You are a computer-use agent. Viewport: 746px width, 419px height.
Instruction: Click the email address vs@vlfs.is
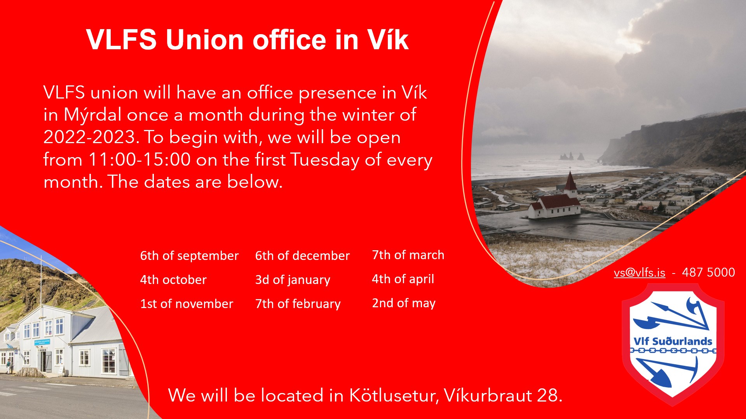[640, 272]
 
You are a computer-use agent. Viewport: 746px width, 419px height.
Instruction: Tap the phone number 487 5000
[708, 272]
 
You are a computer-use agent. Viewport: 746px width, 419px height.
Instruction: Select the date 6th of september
[189, 256]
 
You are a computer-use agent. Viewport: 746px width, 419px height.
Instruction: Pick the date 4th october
[173, 280]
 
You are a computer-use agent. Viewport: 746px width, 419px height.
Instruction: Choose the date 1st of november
[186, 304]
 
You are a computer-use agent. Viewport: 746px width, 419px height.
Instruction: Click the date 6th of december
[302, 256]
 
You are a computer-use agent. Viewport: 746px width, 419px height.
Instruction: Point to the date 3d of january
[293, 280]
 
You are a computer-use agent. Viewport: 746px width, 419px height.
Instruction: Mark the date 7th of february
[298, 304]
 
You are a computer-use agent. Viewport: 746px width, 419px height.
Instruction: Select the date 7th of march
[408, 255]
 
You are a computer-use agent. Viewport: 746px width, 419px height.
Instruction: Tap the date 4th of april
[403, 279]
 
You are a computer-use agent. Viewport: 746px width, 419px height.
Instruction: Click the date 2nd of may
[404, 303]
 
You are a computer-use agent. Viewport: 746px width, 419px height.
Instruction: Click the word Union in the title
[205, 40]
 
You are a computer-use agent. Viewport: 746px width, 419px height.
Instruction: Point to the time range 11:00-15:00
[139, 159]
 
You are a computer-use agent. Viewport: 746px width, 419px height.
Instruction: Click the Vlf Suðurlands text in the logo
[673, 341]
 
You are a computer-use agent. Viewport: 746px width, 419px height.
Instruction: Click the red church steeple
[570, 180]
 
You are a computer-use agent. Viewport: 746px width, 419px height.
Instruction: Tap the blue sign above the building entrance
[42, 343]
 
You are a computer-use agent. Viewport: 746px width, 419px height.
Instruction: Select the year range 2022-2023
[89, 137]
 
